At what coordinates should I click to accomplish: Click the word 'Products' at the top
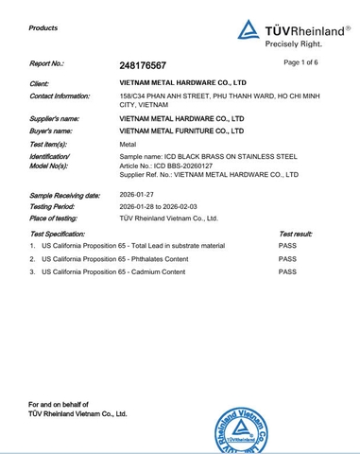(x=43, y=28)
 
